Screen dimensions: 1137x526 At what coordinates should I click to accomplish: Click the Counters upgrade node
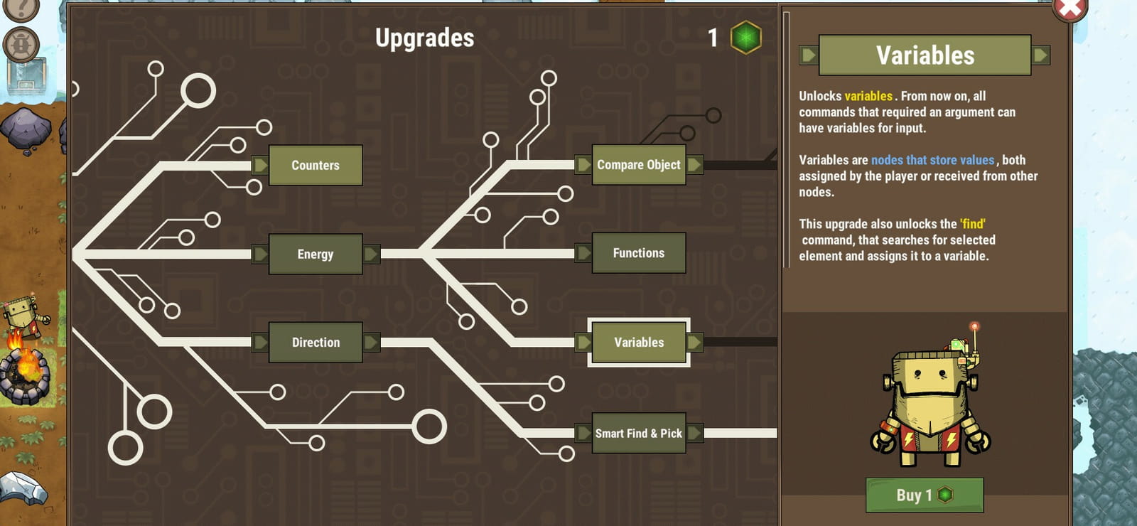[x=316, y=165]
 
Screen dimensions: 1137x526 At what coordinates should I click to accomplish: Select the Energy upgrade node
[x=316, y=254]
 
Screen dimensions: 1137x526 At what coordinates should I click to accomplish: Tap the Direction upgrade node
[x=316, y=342]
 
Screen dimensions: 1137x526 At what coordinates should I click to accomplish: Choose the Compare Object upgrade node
[x=639, y=164]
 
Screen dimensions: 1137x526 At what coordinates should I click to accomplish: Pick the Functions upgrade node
[x=639, y=253]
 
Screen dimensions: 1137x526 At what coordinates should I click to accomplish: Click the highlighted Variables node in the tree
[x=639, y=342]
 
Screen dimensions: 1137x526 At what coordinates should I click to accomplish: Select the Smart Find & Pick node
[x=639, y=433]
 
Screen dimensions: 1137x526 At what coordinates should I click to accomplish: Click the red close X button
[x=1070, y=8]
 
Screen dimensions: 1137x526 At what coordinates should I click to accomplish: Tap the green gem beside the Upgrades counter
[x=745, y=37]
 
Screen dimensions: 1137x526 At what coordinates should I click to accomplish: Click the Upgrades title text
[x=425, y=38]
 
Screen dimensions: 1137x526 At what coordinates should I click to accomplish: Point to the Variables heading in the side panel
[x=925, y=55]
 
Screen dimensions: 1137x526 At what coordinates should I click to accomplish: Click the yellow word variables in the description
[x=868, y=96]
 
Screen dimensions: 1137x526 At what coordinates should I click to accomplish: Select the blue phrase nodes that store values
[x=932, y=160]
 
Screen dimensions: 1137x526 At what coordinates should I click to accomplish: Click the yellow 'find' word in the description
[x=973, y=224]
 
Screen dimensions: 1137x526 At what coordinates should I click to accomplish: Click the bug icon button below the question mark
[x=21, y=45]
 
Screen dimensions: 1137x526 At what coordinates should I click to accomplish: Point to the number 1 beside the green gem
[x=713, y=38]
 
